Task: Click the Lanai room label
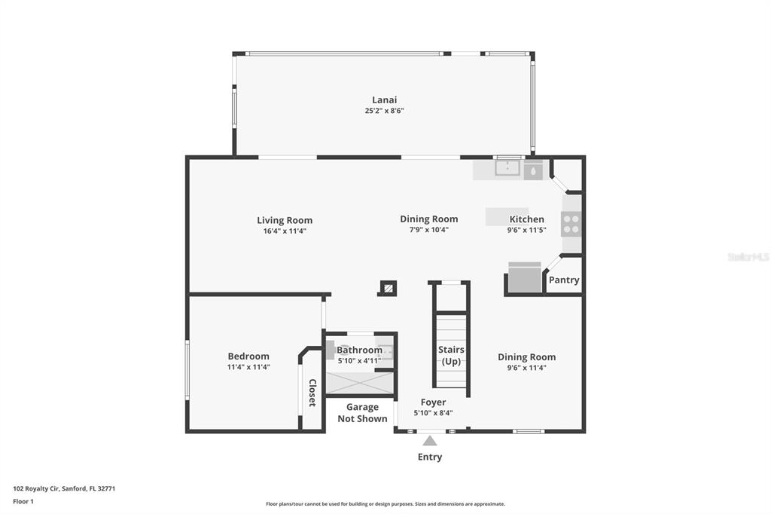click(x=384, y=100)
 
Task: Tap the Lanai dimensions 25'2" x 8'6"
click(x=384, y=111)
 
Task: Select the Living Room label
click(x=285, y=221)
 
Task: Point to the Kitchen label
click(x=526, y=219)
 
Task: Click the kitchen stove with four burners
click(x=571, y=224)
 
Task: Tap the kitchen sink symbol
click(x=507, y=168)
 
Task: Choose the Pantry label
click(x=564, y=280)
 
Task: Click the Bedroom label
click(x=248, y=356)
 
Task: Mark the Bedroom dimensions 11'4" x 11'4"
click(x=248, y=367)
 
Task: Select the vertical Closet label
click(x=312, y=393)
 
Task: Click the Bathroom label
click(x=359, y=350)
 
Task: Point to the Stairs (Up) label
click(x=451, y=356)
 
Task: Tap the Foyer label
click(x=433, y=402)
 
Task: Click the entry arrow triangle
click(x=430, y=441)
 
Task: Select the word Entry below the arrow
click(x=430, y=457)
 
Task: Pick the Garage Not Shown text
click(x=362, y=412)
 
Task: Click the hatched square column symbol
click(x=389, y=288)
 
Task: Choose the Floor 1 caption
click(x=23, y=502)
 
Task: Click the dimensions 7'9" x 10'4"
click(x=428, y=229)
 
